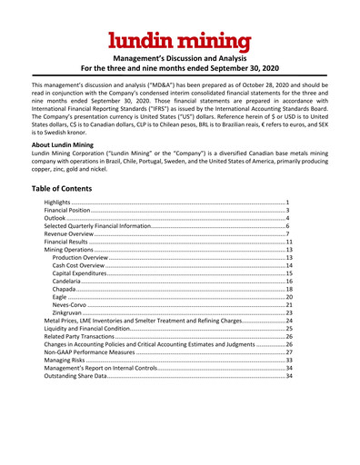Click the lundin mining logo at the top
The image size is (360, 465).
pos(180,40)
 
